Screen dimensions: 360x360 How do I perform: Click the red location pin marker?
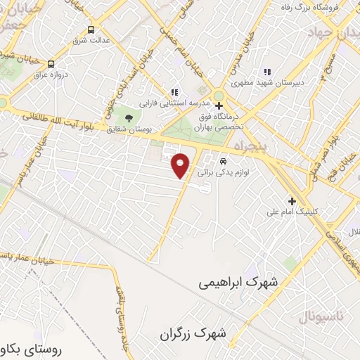[181, 165]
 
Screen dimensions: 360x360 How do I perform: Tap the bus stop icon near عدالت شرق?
[91, 30]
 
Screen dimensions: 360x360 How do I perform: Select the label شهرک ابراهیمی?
[238, 281]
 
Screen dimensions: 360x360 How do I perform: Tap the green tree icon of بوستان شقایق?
[128, 117]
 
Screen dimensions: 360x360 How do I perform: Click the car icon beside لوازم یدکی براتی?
[223, 159]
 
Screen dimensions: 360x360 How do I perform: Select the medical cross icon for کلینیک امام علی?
[292, 200]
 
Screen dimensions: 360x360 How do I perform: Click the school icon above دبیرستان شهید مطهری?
[266, 72]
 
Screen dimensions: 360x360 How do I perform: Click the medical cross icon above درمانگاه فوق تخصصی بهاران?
[219, 105]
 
